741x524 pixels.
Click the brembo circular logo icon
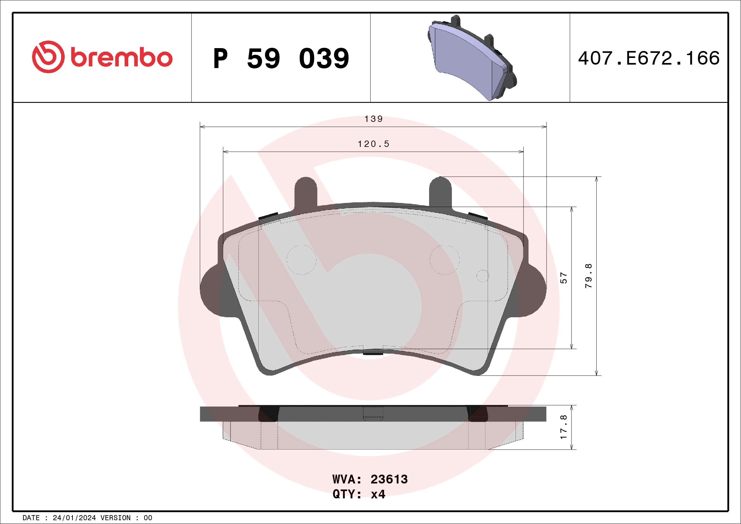point(48,57)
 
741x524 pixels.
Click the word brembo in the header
point(121,58)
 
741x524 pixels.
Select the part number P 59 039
point(281,58)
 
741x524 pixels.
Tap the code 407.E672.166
point(649,58)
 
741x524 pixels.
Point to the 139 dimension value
point(373,119)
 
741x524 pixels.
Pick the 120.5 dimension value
point(373,144)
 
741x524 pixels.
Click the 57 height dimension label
point(563,278)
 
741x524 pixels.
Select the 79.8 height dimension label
point(589,275)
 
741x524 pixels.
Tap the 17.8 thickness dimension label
point(563,427)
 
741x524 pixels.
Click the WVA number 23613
point(389,479)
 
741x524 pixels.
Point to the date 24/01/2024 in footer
point(74,518)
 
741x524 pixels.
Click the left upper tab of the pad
point(306,192)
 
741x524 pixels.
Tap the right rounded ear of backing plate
point(536,289)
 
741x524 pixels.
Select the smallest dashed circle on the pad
point(483,276)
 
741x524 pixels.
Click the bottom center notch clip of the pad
point(373,352)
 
